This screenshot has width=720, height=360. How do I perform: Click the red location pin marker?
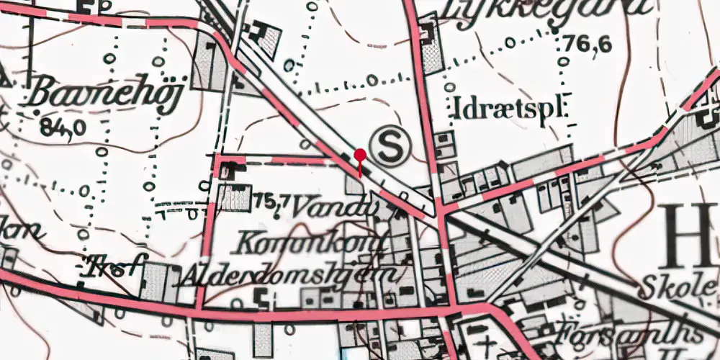(x=360, y=156)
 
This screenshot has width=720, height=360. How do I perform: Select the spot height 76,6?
(x=588, y=45)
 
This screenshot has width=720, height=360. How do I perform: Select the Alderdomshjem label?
(x=289, y=275)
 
